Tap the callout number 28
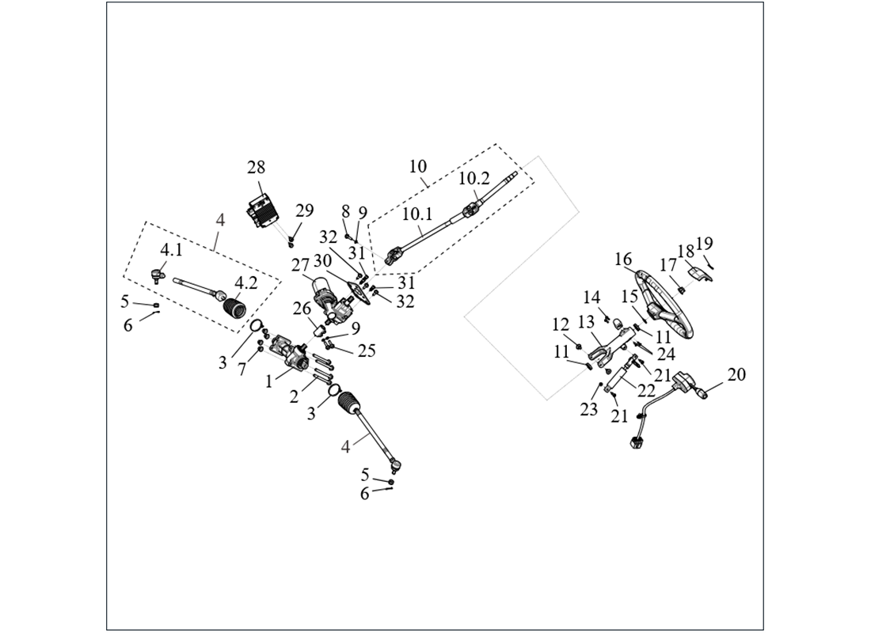(255, 168)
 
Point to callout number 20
(736, 374)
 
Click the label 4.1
(171, 250)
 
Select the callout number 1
(269, 381)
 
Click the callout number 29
(304, 210)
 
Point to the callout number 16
(623, 260)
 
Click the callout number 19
(705, 244)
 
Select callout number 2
(295, 396)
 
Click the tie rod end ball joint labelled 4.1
(158, 276)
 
